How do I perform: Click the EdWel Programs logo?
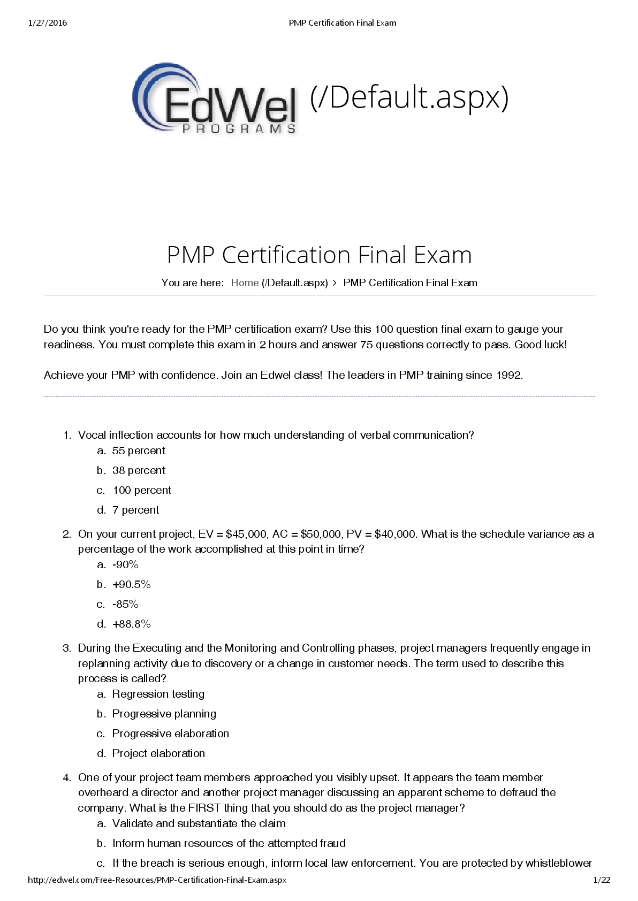(x=215, y=100)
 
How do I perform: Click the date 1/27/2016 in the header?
(x=47, y=22)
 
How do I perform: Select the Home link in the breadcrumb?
(x=245, y=282)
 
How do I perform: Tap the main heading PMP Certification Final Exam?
(x=319, y=255)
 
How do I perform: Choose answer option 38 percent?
(x=139, y=470)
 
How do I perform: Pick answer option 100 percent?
(x=142, y=490)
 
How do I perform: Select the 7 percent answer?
(x=135, y=510)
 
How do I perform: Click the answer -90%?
(x=125, y=564)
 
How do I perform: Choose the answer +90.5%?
(x=131, y=584)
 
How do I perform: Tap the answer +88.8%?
(x=131, y=624)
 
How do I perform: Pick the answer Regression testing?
(x=158, y=694)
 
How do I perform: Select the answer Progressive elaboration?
(x=170, y=734)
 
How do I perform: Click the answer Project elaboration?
(x=158, y=753)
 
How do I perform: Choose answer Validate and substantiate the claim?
(x=199, y=823)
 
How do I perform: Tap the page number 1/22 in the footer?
(x=602, y=880)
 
